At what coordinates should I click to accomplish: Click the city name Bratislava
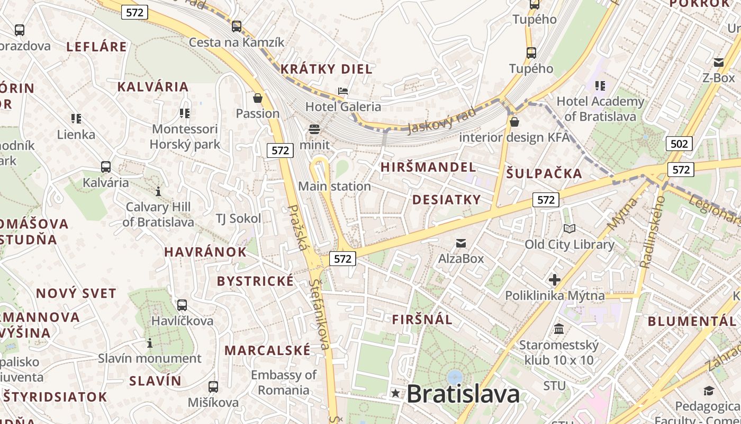463,394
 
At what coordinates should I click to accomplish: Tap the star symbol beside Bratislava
395,393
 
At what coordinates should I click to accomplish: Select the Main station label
335,187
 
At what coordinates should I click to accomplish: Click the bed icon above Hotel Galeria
343,91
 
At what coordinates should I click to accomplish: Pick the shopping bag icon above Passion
258,98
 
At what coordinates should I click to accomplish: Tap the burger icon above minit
314,129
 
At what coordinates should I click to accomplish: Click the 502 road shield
679,144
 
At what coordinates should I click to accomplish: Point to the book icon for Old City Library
570,228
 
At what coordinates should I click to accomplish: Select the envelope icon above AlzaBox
461,243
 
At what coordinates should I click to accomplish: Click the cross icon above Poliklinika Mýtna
555,279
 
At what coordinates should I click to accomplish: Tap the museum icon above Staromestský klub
559,329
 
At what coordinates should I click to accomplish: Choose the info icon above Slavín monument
150,343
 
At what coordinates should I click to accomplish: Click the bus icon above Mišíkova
213,387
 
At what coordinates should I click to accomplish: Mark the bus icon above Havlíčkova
182,305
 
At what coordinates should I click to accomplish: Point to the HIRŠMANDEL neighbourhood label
428,167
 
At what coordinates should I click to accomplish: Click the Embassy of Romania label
284,383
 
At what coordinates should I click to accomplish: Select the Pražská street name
298,228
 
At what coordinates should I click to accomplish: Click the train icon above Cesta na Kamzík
237,26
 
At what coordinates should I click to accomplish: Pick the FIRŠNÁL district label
422,320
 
